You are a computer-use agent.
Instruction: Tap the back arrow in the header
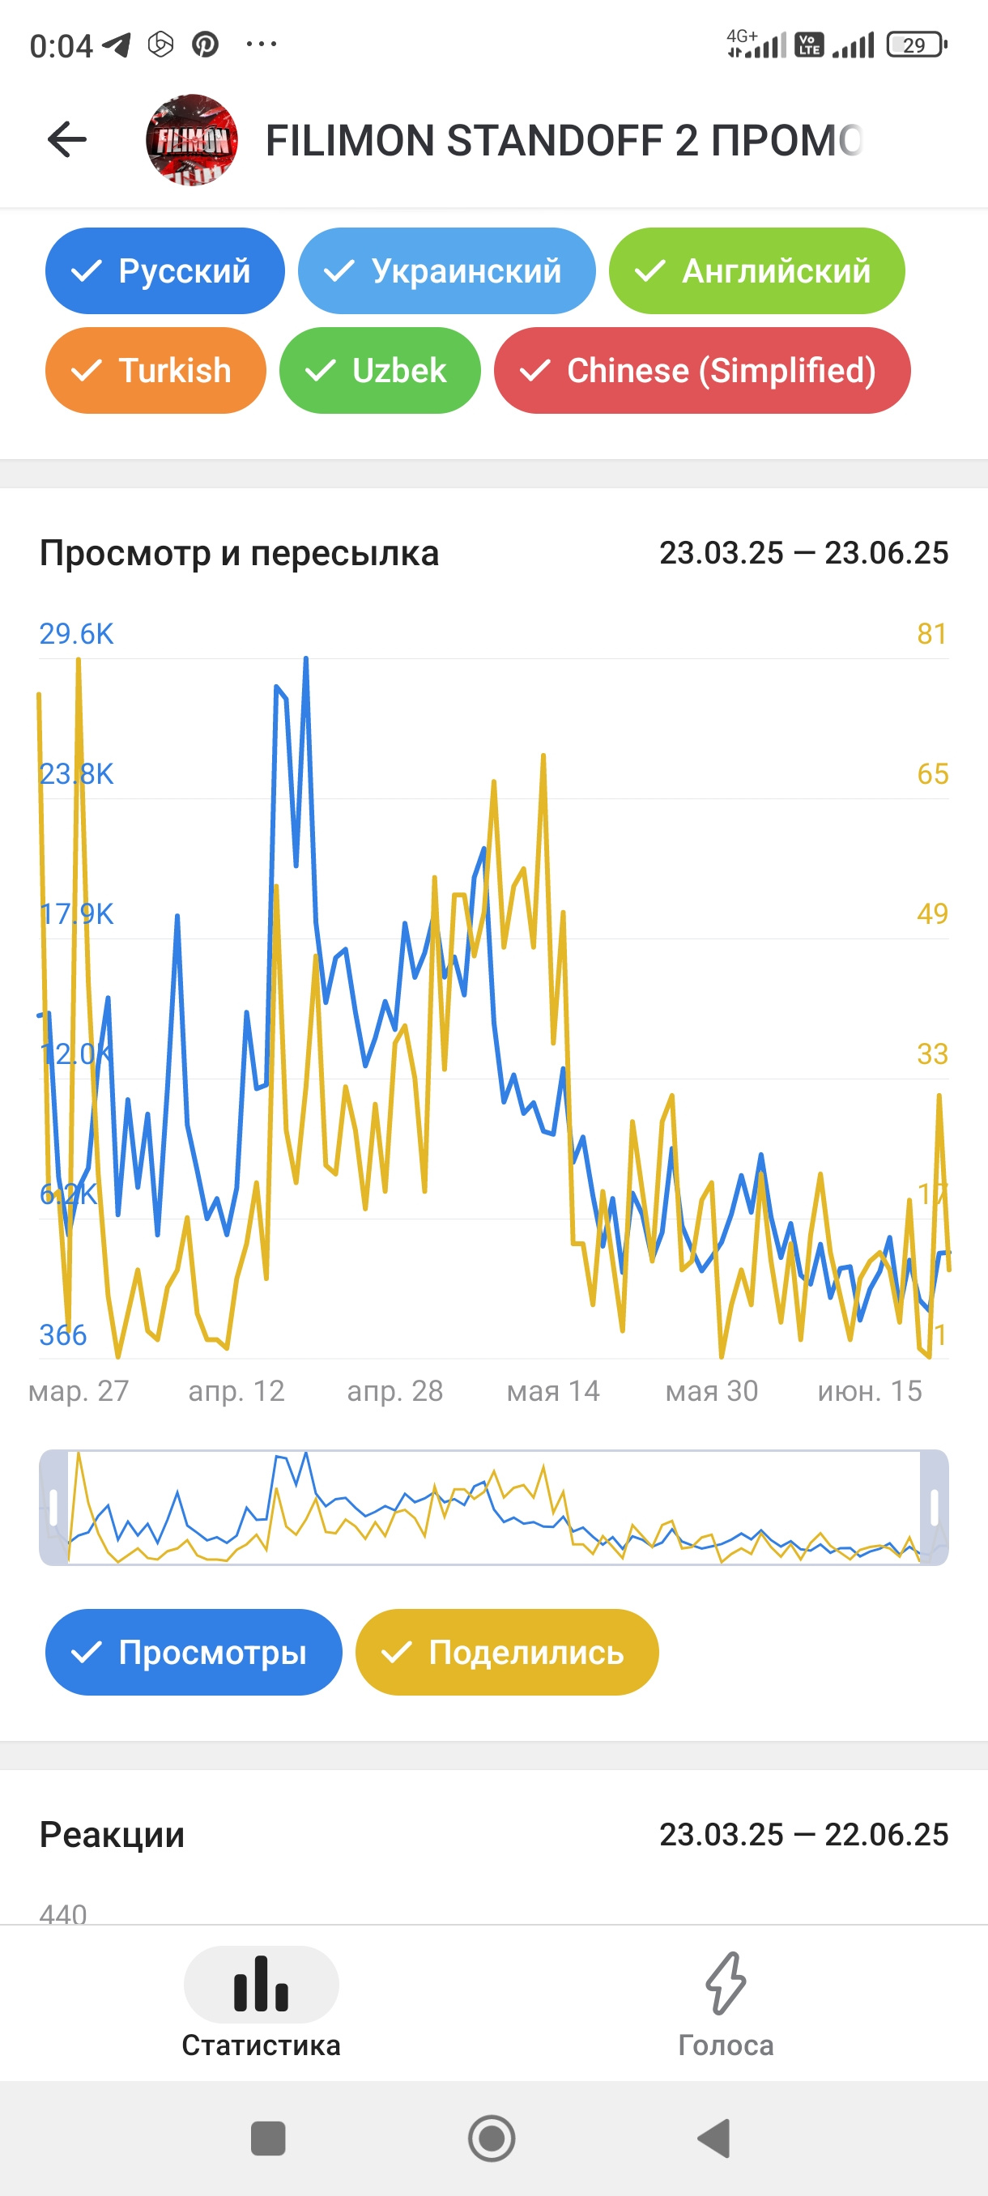[x=66, y=140]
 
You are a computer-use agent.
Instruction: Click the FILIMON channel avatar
[x=192, y=140]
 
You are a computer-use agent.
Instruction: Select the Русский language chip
[x=164, y=271]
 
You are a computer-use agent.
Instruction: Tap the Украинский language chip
[x=446, y=271]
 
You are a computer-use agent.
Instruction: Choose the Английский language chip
[x=756, y=271]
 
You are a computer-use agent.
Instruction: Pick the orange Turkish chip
[x=155, y=371]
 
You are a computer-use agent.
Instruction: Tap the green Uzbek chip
[x=379, y=371]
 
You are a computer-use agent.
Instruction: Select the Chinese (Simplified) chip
[x=701, y=371]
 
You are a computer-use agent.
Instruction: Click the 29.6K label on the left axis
[x=76, y=633]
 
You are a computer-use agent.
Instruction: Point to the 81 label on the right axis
[x=932, y=633]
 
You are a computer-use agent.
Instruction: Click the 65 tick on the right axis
[x=932, y=773]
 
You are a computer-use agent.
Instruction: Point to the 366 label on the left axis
[x=63, y=1334]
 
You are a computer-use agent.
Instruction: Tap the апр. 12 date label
[x=236, y=1391]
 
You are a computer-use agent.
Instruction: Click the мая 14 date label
[x=553, y=1391]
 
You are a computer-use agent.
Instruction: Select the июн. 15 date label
[x=870, y=1391]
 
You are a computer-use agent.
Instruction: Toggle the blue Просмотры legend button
[x=194, y=1652]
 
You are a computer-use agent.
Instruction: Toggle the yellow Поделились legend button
[x=506, y=1652]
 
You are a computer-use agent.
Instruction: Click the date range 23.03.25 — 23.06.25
[x=803, y=553]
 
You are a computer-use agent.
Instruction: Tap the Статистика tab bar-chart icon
[x=261, y=1985]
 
